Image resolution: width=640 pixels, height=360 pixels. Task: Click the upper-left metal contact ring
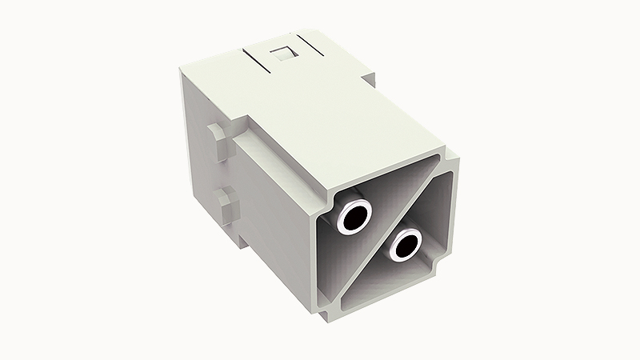354,217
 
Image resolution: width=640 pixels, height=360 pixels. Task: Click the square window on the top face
282,55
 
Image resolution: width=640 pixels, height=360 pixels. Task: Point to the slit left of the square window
255,58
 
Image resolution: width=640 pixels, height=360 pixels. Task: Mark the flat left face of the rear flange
196,152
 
